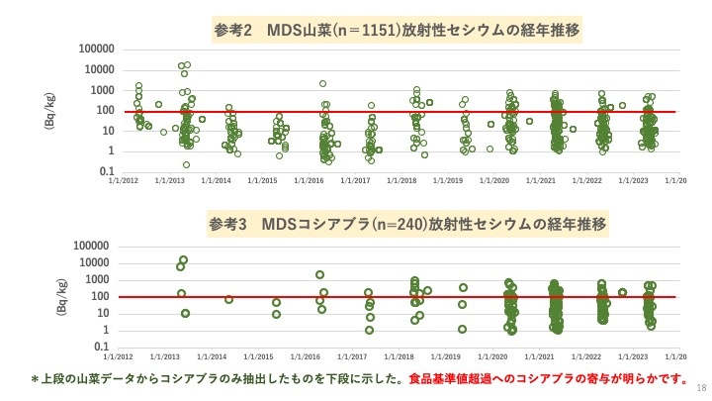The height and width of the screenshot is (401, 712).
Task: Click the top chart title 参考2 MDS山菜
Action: point(397,30)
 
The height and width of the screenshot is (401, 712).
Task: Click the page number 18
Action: point(700,387)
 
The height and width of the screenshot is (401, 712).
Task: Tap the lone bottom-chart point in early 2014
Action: point(228,299)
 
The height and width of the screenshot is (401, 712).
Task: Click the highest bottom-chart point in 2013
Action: point(183,259)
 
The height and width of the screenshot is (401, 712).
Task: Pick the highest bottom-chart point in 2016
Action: point(319,274)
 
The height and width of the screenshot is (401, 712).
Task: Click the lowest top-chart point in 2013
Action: point(186,164)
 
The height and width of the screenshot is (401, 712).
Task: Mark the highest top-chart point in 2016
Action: point(322,84)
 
